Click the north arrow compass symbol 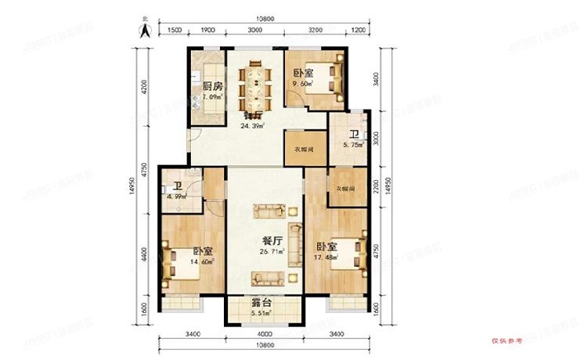(144, 29)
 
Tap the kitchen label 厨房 (212, 86)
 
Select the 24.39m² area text (253, 125)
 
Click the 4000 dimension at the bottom (261, 335)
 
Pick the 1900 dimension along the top (207, 29)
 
